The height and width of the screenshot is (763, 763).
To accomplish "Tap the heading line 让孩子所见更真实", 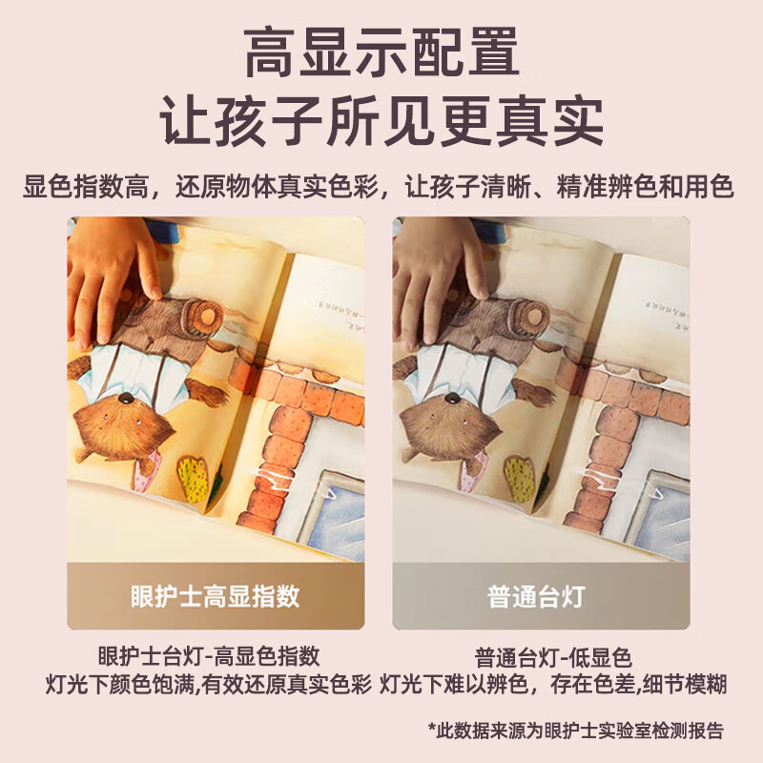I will pos(381,121).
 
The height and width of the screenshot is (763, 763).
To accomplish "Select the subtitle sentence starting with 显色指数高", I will pos(381,185).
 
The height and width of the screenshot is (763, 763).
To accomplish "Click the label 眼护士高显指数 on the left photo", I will pos(216,596).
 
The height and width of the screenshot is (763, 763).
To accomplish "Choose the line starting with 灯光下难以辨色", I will pos(554,684).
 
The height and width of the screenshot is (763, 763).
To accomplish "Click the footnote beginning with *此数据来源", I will pos(575,731).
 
